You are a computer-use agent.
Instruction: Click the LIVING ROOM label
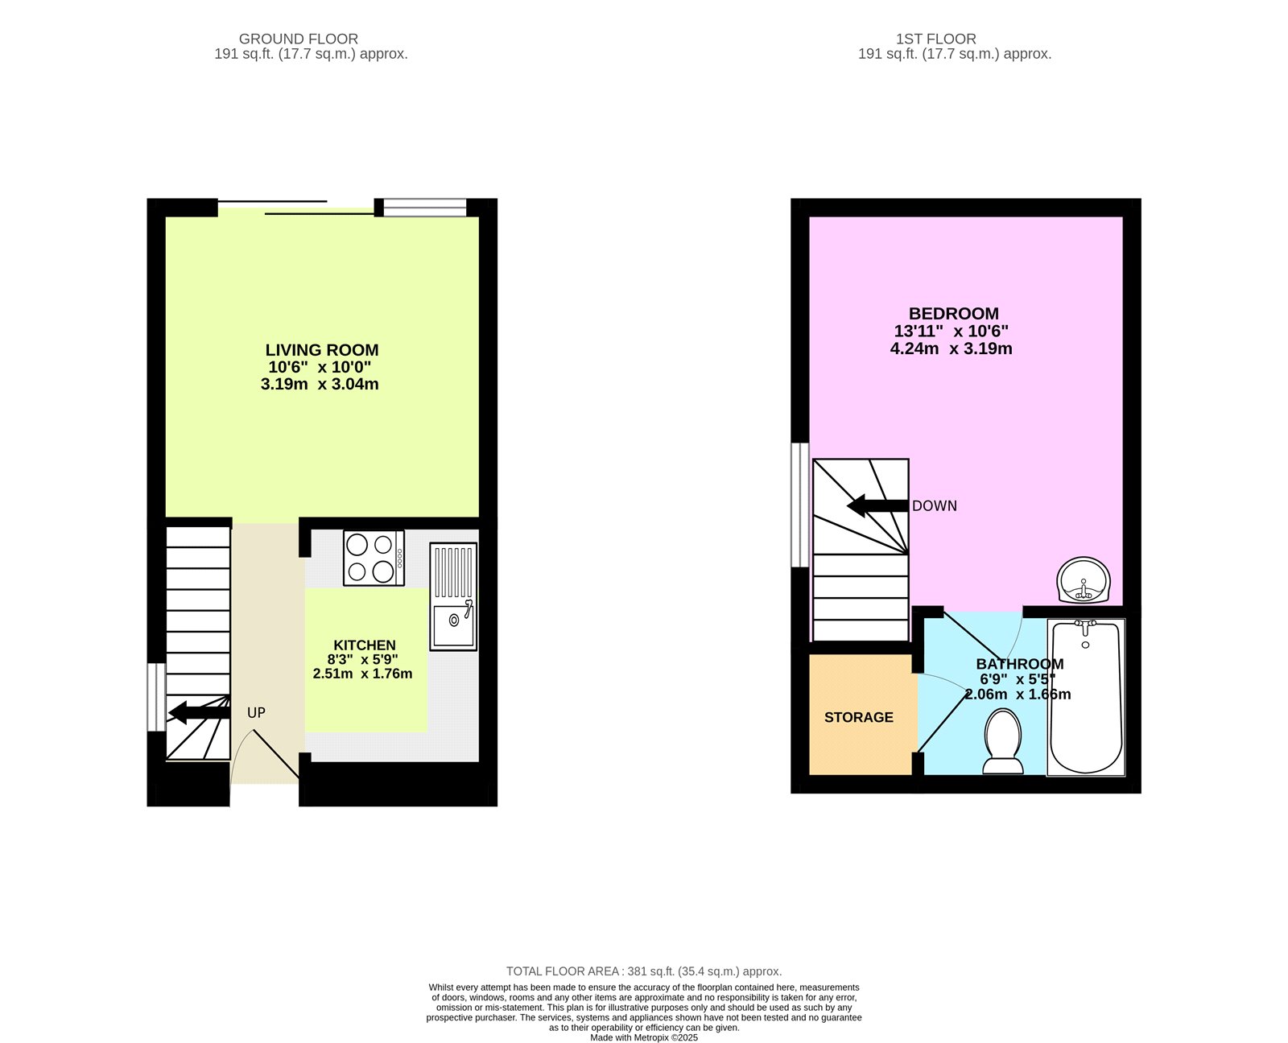tap(322, 350)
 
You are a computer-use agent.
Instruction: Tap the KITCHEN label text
tap(365, 645)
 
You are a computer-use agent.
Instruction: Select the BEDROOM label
tap(953, 314)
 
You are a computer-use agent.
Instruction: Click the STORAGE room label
tap(858, 717)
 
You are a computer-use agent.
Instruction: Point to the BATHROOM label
tap(1019, 664)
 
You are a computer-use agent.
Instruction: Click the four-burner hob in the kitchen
tap(374, 558)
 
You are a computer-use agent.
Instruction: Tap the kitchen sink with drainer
tap(453, 596)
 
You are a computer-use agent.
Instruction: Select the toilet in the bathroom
tap(1003, 741)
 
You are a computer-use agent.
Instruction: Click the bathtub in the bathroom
tap(1086, 697)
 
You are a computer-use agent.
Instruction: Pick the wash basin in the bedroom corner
tap(1084, 580)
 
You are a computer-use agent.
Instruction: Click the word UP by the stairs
tap(256, 713)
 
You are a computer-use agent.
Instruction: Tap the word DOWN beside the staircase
tap(935, 506)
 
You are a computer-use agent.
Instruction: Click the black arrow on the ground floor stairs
tap(198, 712)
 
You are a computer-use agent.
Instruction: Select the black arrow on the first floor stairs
tap(877, 506)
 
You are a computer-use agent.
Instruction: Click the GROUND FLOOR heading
tap(299, 39)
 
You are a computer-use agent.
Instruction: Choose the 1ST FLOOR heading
tap(935, 39)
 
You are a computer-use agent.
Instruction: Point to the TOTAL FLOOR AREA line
tap(644, 971)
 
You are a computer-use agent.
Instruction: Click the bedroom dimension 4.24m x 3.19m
tap(951, 348)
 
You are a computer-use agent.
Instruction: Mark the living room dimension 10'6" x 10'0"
tap(320, 367)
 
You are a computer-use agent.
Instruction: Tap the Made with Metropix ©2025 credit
tap(644, 1037)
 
